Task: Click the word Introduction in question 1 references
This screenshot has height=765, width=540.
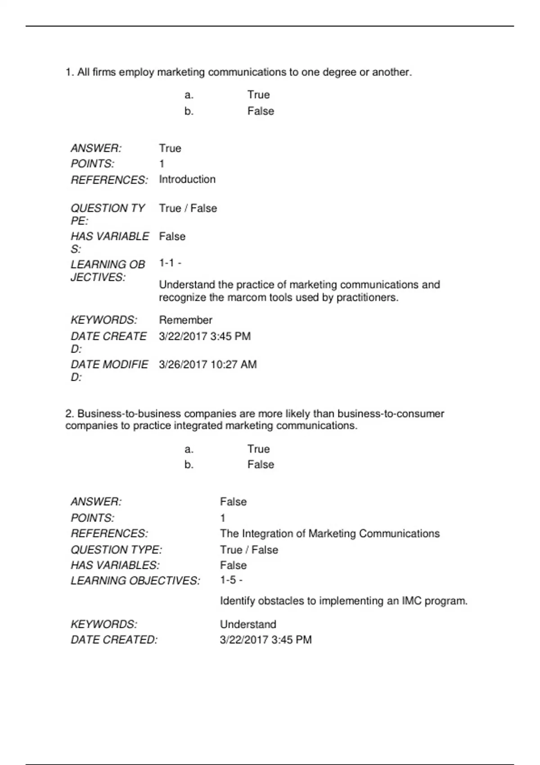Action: tap(187, 180)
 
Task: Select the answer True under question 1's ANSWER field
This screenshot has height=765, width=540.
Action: tap(170, 148)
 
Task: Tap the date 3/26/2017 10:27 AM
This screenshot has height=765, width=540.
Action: tap(208, 364)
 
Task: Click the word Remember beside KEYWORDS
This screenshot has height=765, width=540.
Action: tap(185, 320)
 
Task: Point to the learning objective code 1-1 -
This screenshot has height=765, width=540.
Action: tap(170, 263)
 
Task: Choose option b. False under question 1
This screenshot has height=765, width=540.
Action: tap(261, 111)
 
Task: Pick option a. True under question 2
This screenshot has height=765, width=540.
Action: tap(258, 449)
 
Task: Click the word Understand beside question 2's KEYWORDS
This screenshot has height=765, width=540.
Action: tap(248, 624)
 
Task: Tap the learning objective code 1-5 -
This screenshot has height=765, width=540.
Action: tap(231, 580)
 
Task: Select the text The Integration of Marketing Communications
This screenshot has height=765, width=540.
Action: tap(330, 534)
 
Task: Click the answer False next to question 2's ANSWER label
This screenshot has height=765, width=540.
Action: tap(233, 502)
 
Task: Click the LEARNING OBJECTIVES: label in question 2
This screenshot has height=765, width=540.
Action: tap(135, 581)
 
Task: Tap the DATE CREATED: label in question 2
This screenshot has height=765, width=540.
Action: tap(114, 640)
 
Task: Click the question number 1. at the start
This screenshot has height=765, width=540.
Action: tap(70, 72)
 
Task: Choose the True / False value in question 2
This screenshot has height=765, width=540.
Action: tap(249, 550)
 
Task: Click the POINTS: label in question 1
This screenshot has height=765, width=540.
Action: tap(92, 164)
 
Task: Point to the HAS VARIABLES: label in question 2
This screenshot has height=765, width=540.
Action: tap(115, 565)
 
